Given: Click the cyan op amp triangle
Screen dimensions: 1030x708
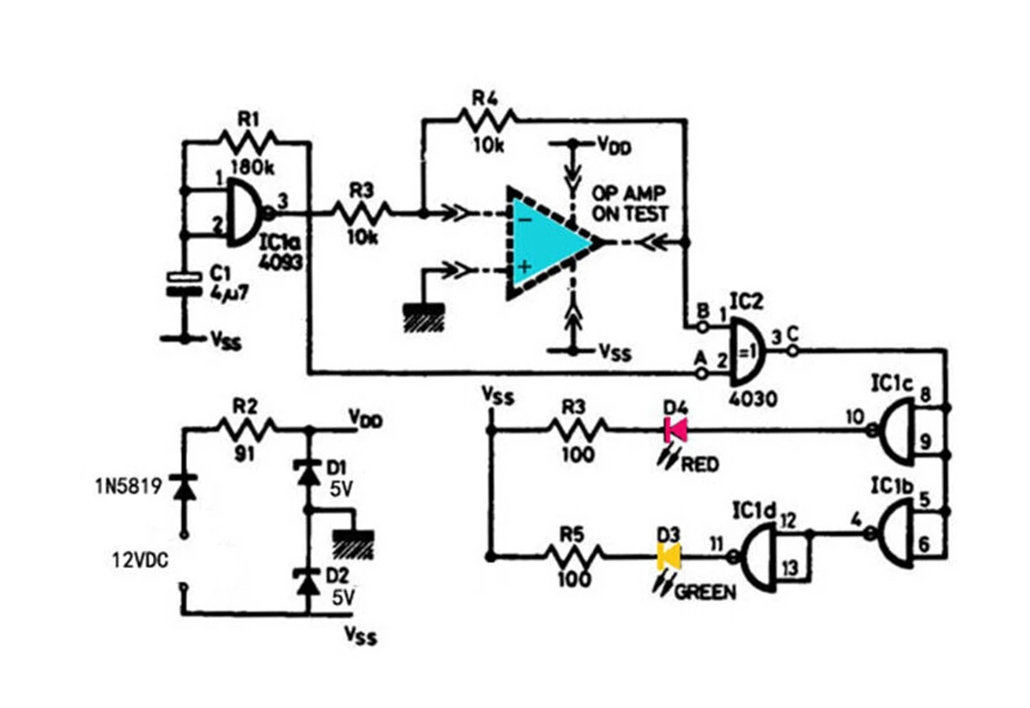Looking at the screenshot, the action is click(x=545, y=243).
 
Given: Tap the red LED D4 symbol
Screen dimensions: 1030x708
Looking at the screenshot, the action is click(x=675, y=430).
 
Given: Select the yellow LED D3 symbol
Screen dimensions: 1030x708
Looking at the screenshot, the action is click(x=669, y=557).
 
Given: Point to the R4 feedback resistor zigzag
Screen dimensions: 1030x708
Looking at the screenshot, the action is click(x=487, y=119).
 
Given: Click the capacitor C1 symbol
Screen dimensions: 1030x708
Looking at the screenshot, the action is click(x=184, y=283).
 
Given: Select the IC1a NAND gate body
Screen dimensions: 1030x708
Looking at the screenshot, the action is click(x=245, y=212).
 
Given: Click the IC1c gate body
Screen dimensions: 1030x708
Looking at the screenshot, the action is click(x=900, y=431).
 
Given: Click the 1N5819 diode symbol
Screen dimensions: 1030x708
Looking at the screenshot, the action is click(x=183, y=488).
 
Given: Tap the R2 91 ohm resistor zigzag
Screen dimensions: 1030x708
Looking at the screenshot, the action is click(x=246, y=430).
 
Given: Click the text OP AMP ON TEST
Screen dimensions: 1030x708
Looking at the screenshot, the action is click(x=629, y=204).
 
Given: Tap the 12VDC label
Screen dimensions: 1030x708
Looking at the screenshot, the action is click(x=140, y=560).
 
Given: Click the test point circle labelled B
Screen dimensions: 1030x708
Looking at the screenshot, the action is click(x=703, y=325).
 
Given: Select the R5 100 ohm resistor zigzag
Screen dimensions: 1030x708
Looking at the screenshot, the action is click(x=574, y=557).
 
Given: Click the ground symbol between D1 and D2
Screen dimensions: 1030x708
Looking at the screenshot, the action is click(x=353, y=543).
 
